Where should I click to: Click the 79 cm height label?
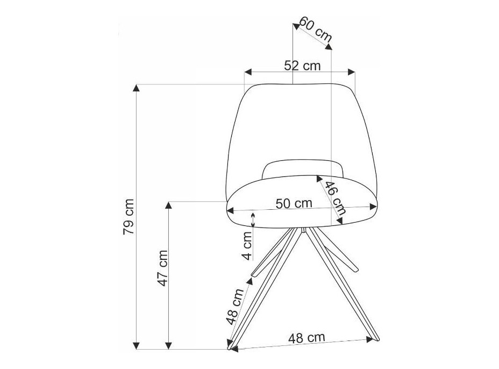[x=129, y=216]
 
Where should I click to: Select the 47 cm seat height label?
[x=163, y=268]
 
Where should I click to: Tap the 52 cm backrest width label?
[x=302, y=66]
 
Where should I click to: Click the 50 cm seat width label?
[x=294, y=203]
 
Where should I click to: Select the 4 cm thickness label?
[x=247, y=245]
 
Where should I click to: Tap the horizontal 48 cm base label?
[x=307, y=338]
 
